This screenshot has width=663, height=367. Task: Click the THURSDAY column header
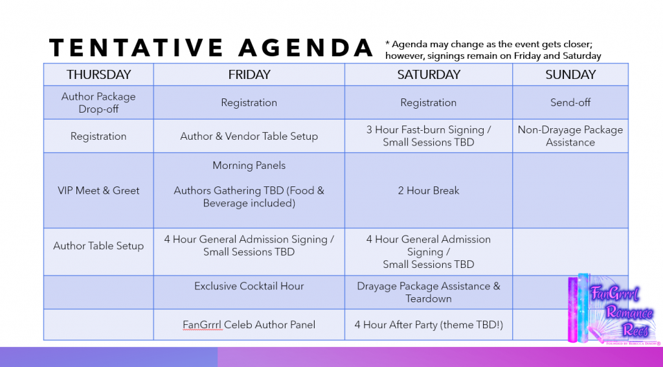coord(98,74)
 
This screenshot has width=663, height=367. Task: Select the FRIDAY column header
coord(249,74)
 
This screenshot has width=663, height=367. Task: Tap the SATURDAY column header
coord(429,74)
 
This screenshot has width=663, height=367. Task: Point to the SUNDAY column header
coord(570,74)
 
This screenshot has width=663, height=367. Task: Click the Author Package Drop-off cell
coord(98,102)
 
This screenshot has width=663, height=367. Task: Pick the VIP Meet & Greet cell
coord(98,190)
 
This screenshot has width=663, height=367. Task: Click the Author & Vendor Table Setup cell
coord(249,136)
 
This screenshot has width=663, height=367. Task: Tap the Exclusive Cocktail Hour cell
coord(249,292)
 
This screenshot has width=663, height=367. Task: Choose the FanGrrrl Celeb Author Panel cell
coord(249,324)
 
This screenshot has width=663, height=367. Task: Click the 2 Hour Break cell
coord(429,190)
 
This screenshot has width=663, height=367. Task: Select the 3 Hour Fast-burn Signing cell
coord(429,136)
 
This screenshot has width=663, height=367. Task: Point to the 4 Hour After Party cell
coord(429,324)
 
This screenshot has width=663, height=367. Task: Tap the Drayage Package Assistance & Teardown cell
coord(429,292)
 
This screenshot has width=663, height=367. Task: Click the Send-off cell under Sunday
coord(570,102)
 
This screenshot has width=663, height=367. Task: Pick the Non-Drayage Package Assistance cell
coord(570,136)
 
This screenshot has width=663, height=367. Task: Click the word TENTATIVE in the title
coord(136,47)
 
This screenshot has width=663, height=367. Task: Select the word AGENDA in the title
coord(306,47)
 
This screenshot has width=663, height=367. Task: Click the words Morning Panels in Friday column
coord(249,165)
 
